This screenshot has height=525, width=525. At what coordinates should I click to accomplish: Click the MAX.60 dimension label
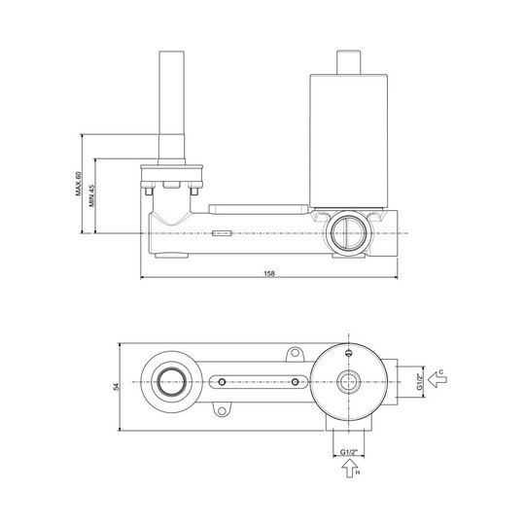click(x=79, y=184)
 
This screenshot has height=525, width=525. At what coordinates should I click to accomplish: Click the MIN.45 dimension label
click(x=92, y=195)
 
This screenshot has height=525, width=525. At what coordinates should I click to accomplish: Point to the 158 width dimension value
click(x=269, y=273)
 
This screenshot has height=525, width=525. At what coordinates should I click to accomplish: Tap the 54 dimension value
click(x=117, y=387)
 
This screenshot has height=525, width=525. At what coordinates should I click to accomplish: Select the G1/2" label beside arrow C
click(x=420, y=382)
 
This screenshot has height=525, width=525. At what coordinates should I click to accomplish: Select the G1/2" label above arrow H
click(x=349, y=452)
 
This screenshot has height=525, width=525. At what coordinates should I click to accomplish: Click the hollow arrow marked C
click(x=437, y=380)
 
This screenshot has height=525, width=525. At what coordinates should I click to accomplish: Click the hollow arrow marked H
click(x=350, y=468)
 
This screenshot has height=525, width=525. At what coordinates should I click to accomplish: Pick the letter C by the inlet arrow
click(x=441, y=372)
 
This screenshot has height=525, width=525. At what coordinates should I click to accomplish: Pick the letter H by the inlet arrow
click(x=358, y=472)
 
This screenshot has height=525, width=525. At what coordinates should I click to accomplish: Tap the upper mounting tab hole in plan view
click(x=295, y=353)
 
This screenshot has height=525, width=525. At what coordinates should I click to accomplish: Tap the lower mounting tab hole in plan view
click(x=222, y=410)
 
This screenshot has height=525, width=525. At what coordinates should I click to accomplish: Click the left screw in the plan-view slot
click(x=222, y=382)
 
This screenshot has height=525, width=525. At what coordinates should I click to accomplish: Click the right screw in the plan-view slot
click(x=295, y=382)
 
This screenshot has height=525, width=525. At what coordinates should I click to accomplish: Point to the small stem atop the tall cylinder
click(x=349, y=62)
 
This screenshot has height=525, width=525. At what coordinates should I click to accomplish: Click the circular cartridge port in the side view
click(x=349, y=233)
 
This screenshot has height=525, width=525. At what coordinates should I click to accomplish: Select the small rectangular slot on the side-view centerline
click(x=222, y=233)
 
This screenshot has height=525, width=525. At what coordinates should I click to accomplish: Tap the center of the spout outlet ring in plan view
click(x=171, y=382)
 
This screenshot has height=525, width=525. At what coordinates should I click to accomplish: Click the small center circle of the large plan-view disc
click(x=349, y=382)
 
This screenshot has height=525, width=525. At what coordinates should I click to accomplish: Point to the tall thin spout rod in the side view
click(x=171, y=108)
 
